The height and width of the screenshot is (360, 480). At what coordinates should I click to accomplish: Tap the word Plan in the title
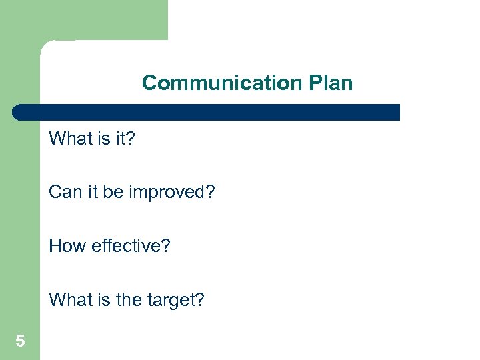(330, 83)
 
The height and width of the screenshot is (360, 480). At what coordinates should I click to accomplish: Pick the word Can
(63, 193)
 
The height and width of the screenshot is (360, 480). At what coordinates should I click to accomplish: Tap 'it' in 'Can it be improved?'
(89, 193)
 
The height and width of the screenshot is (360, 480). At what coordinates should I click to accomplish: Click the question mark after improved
(210, 193)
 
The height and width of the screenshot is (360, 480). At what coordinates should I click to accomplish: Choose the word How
(64, 246)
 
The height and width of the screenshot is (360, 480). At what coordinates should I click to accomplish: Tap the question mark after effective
(166, 246)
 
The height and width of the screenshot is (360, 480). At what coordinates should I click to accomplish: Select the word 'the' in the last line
(121, 300)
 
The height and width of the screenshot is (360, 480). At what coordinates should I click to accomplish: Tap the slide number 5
(20, 342)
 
